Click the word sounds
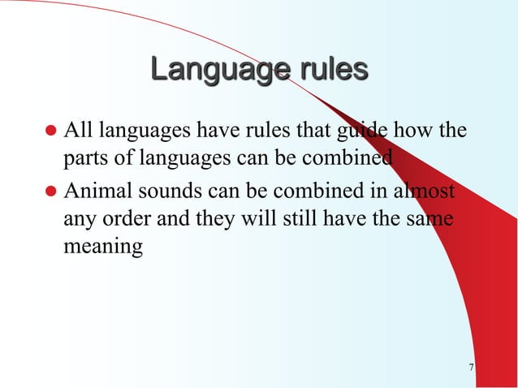[171, 194]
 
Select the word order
[138, 220]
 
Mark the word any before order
[81, 221]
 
